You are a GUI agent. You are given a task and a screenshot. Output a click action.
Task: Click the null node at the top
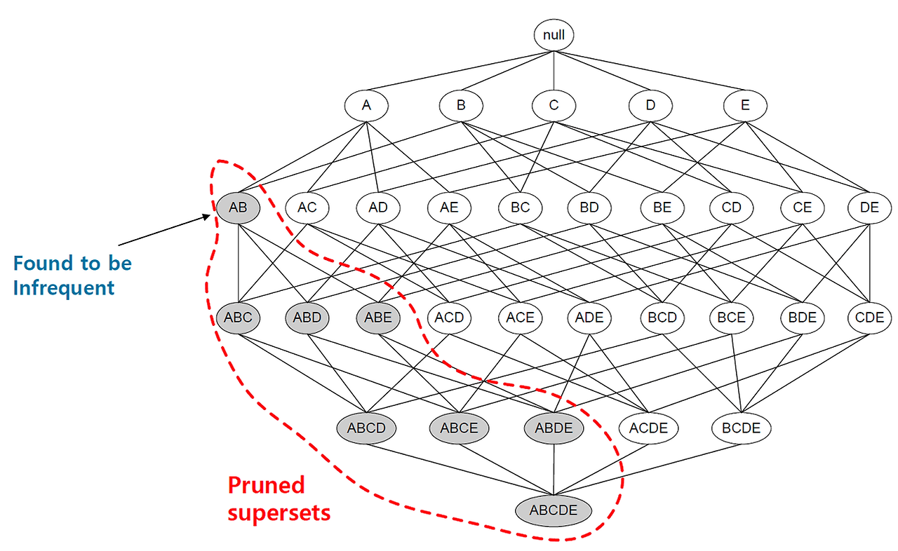click(x=554, y=34)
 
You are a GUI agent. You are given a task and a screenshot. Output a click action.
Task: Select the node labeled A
click(x=366, y=106)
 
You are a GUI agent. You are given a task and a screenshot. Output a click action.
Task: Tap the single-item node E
click(x=745, y=106)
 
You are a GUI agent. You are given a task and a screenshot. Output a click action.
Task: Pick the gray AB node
click(x=237, y=208)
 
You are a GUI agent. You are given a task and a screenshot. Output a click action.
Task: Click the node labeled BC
click(x=520, y=208)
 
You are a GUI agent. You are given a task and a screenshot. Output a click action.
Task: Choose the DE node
click(x=869, y=208)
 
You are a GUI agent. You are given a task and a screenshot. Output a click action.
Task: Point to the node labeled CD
click(x=731, y=208)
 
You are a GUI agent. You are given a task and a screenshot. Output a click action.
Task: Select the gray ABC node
click(x=238, y=318)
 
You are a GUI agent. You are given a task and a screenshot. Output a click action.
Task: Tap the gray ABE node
click(x=378, y=318)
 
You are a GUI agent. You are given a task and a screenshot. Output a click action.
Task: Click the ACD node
click(x=449, y=318)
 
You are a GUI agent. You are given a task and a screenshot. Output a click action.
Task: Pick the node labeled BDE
click(x=802, y=318)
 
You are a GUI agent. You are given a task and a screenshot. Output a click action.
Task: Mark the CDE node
click(x=869, y=318)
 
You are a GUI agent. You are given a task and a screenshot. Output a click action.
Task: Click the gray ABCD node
click(x=366, y=428)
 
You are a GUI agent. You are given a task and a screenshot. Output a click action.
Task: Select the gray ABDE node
click(x=554, y=428)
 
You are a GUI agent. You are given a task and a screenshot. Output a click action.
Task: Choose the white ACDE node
click(x=648, y=428)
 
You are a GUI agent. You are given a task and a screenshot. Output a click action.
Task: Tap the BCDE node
click(x=741, y=428)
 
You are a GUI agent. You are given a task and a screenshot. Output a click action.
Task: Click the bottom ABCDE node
click(x=554, y=510)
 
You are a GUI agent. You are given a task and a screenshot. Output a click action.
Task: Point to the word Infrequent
click(x=63, y=287)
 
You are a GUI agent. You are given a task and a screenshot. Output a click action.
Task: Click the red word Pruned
click(x=267, y=485)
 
